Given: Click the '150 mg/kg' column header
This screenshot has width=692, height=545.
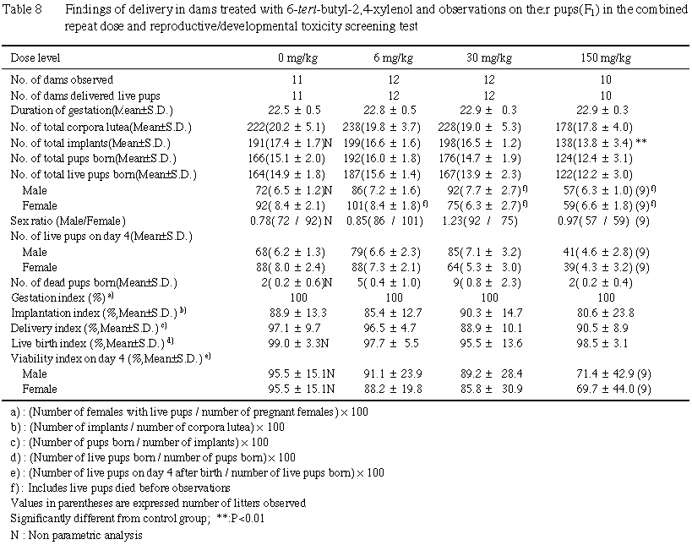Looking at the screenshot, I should click(x=607, y=58).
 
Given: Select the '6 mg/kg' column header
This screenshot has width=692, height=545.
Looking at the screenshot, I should click(x=392, y=58).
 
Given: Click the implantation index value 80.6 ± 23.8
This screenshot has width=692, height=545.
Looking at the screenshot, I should click(x=605, y=312).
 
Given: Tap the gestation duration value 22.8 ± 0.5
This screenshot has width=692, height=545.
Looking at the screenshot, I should click(x=393, y=111).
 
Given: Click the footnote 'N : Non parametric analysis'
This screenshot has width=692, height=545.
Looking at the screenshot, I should click(x=76, y=534).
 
